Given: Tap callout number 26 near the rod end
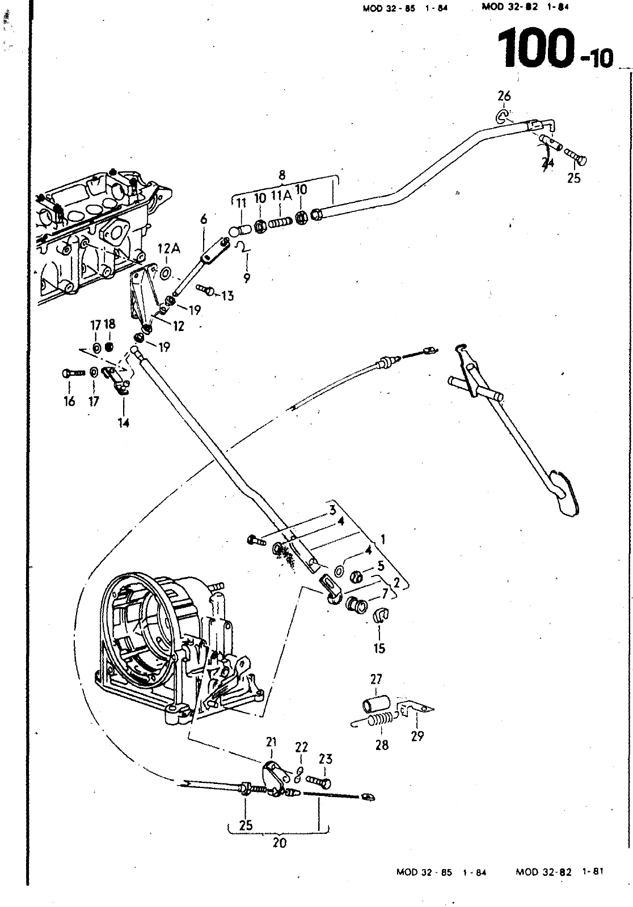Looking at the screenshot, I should [x=504, y=96].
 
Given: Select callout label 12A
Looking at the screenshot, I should [x=168, y=249].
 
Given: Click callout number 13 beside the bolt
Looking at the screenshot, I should [x=227, y=295].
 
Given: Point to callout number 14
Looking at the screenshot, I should [x=124, y=422].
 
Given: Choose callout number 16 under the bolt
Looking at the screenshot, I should [x=69, y=402].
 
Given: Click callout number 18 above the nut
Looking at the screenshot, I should [x=109, y=324].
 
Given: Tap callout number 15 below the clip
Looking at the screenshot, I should [x=379, y=648].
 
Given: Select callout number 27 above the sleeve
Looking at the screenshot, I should [x=376, y=679].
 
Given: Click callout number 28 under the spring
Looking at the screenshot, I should [x=382, y=745].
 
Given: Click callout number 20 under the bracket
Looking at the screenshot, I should [x=279, y=843].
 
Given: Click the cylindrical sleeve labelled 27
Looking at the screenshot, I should [x=375, y=705].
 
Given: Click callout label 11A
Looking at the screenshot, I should [x=281, y=197].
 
